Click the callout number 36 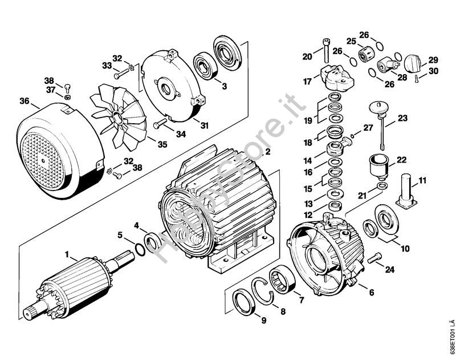click(25, 101)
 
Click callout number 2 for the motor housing click(267, 151)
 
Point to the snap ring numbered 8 click(262, 292)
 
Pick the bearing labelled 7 click(283, 280)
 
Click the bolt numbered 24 click(374, 258)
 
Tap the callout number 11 click(422, 181)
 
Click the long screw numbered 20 click(325, 51)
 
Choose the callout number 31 click(205, 126)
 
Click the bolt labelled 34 click(161, 123)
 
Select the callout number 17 click(307, 81)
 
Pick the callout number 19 click(308, 120)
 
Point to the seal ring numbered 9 click(245, 301)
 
